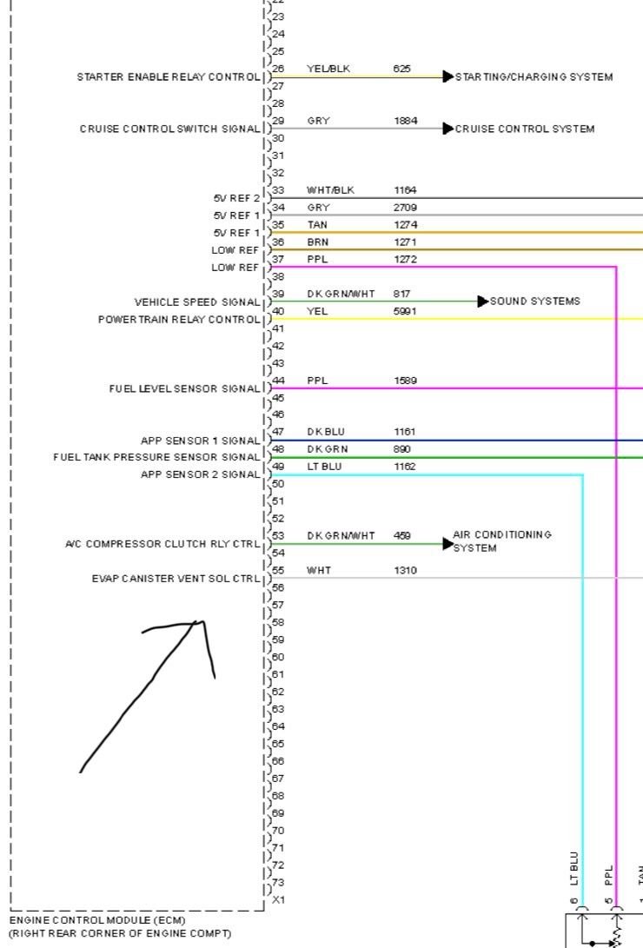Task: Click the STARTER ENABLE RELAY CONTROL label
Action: (x=169, y=77)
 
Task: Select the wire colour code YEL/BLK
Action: (x=328, y=69)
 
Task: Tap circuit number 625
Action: (x=401, y=69)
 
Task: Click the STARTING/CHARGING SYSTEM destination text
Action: (x=534, y=77)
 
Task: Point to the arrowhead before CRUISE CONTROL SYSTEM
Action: (x=447, y=129)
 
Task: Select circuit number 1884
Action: (x=405, y=121)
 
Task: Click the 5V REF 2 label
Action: (x=236, y=198)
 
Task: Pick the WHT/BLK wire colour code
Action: (x=330, y=190)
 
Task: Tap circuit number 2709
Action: (x=405, y=208)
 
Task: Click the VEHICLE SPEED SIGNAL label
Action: (x=197, y=302)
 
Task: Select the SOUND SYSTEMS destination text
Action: (x=535, y=302)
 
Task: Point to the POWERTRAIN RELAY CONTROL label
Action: (x=179, y=320)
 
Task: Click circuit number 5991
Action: (x=405, y=311)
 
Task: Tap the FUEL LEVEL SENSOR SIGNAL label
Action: (x=184, y=388)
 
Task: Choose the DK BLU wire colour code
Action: (x=326, y=432)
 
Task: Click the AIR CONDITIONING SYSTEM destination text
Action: (x=501, y=541)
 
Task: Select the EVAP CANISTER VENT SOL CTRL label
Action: (x=176, y=579)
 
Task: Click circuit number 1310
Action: (x=405, y=571)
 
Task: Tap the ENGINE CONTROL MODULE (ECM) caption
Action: (x=97, y=919)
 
